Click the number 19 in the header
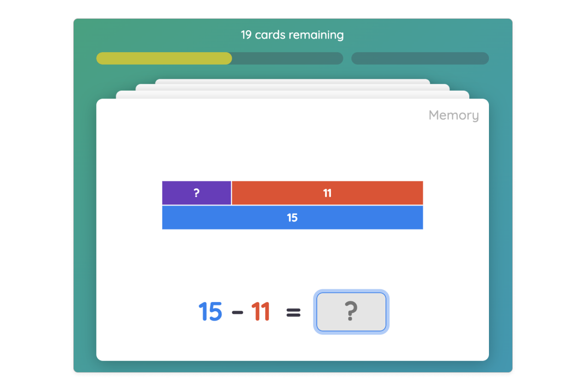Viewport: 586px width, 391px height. pyautogui.click(x=246, y=35)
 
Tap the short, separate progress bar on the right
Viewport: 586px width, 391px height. pyautogui.click(x=420, y=59)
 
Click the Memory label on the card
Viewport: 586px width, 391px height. pyautogui.click(x=453, y=116)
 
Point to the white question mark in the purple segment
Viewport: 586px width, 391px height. pyautogui.click(x=196, y=193)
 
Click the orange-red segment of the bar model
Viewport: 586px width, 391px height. pyautogui.click(x=366, y=193)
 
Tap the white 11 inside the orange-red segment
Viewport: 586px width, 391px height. pyautogui.click(x=327, y=193)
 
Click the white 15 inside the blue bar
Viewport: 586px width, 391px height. pyautogui.click(x=292, y=218)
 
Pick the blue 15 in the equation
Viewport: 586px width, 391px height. pyautogui.click(x=210, y=312)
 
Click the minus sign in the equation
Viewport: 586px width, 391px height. pyautogui.click(x=237, y=313)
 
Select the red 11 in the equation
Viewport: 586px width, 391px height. pyautogui.click(x=260, y=312)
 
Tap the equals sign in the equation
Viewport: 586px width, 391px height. pyautogui.click(x=293, y=313)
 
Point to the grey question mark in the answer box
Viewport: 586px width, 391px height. pyautogui.click(x=351, y=312)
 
